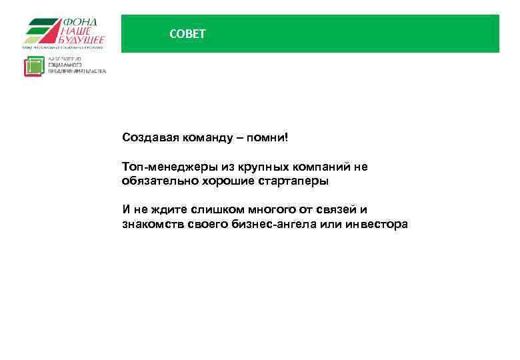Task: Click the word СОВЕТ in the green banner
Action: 188,34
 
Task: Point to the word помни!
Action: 268,138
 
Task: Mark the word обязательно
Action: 155,181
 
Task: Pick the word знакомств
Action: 151,225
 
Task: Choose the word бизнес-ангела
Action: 265,225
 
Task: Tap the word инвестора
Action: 377,225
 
